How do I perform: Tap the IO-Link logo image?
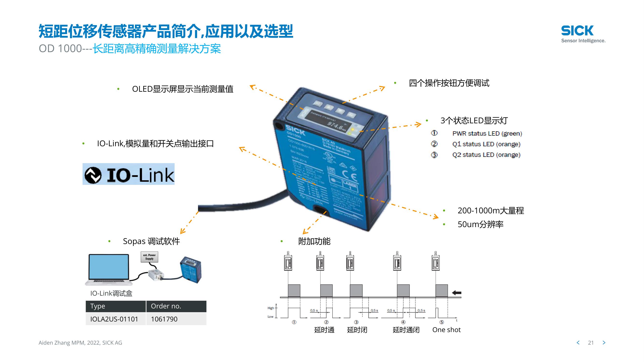[x=128, y=174]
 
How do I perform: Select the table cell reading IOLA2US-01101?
[x=114, y=319]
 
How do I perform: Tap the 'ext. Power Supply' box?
[x=149, y=257]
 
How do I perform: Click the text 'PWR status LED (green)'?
[x=487, y=134]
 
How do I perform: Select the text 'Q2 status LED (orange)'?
[x=486, y=155]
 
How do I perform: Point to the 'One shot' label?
[x=446, y=330]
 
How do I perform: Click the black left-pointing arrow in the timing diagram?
[x=457, y=293]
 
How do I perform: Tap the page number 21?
[x=591, y=343]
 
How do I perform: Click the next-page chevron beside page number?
[x=604, y=343]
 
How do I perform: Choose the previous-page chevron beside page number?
[x=578, y=343]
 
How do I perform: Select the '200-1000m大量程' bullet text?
[x=490, y=211]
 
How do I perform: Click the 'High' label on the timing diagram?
[x=271, y=308]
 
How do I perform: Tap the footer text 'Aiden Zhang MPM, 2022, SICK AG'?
[x=80, y=343]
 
